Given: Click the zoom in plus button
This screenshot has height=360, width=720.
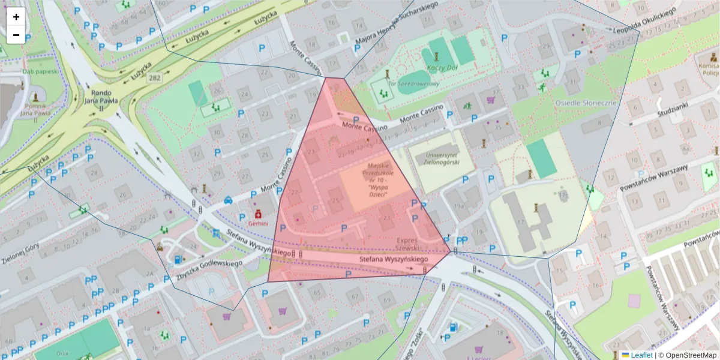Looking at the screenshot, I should (x=16, y=17).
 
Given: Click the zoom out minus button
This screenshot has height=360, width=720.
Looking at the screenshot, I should (x=16, y=35).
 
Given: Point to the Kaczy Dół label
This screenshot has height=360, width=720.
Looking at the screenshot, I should (x=442, y=68).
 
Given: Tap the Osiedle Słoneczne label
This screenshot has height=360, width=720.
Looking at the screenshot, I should (x=586, y=103).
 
